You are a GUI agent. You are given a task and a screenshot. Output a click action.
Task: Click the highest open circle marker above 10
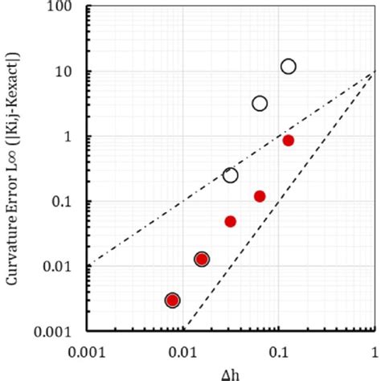(289, 67)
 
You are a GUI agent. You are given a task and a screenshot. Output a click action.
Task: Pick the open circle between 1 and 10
(260, 103)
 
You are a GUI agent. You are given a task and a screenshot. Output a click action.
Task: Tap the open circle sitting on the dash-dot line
(231, 175)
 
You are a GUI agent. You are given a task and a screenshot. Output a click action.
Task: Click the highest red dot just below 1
(289, 141)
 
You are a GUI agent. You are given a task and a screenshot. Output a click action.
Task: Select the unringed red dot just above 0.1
(260, 196)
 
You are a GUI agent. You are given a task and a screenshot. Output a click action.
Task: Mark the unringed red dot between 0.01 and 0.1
(231, 221)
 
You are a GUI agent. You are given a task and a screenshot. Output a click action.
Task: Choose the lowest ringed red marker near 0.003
(172, 301)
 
